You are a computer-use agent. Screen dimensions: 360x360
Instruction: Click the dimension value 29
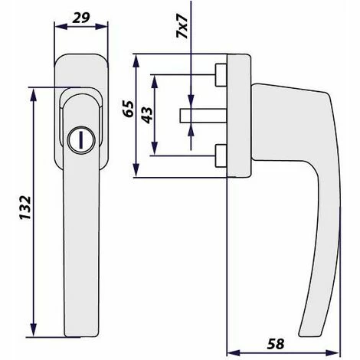click(x=81, y=18)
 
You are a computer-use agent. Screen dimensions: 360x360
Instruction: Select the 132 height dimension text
click(x=25, y=208)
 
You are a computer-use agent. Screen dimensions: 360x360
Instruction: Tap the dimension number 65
click(x=128, y=109)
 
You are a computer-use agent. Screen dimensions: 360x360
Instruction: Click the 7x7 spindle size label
click(x=182, y=27)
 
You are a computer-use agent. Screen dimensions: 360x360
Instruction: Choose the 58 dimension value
click(x=276, y=344)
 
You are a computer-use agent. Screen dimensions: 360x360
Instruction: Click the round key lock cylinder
click(x=81, y=140)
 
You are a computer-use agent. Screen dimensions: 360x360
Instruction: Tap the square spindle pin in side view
click(x=203, y=116)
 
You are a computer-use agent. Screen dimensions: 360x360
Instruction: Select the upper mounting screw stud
click(x=221, y=75)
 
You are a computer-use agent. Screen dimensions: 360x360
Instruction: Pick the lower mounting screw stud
click(x=221, y=155)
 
